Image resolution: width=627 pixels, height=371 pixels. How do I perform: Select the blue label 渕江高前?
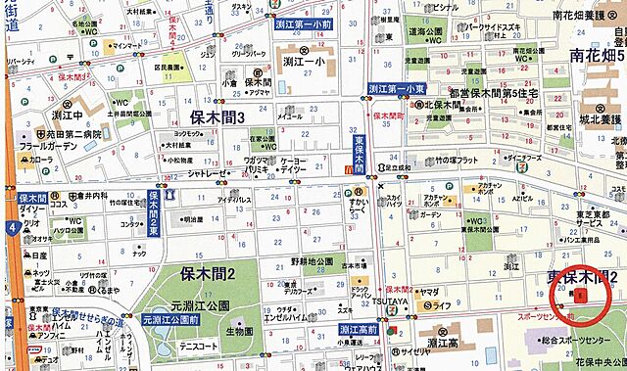coord(360,329)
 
